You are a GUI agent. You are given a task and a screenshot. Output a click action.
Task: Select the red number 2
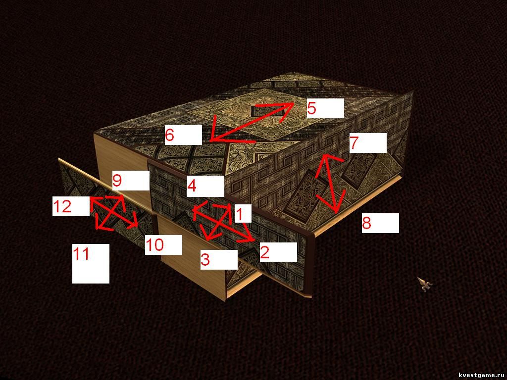[x=264, y=252]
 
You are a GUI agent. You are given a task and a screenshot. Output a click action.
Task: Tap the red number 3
[x=205, y=259]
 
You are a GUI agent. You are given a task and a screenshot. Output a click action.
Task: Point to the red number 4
[x=192, y=186]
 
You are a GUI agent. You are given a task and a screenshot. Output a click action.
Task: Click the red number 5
[x=311, y=108]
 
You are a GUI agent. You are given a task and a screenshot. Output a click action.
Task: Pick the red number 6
[x=169, y=135]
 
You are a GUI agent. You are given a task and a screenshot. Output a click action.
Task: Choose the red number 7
[x=354, y=143]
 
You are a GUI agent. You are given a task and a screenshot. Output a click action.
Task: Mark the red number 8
[x=366, y=223]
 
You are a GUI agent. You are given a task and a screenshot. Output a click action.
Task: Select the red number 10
[x=154, y=245]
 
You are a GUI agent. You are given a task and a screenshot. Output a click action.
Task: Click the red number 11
[x=81, y=254]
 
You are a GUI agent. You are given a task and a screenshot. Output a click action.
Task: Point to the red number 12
[x=62, y=206]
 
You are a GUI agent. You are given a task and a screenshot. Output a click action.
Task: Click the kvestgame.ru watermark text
[x=482, y=375]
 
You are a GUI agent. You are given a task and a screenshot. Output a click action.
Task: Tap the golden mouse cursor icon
[x=424, y=284]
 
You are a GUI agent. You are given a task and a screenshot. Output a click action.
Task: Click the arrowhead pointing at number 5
[x=286, y=110]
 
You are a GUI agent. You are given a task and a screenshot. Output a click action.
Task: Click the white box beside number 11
[x=91, y=263]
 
